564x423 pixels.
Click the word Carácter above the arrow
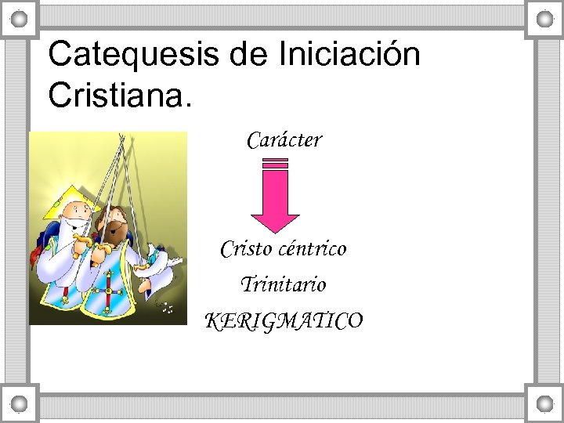pyautogui.click(x=284, y=140)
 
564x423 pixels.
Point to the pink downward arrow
pyautogui.click(x=274, y=200)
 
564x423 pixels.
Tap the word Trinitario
pyautogui.click(x=283, y=284)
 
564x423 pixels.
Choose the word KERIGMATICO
pyautogui.click(x=283, y=320)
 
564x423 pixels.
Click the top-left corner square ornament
pyautogui.click(x=20, y=18)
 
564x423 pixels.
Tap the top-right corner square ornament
pyautogui.click(x=544, y=18)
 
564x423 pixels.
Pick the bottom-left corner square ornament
pyautogui.click(x=20, y=403)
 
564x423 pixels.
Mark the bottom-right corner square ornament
pyautogui.click(x=544, y=403)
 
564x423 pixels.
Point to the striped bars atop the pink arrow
pyautogui.click(x=274, y=164)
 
